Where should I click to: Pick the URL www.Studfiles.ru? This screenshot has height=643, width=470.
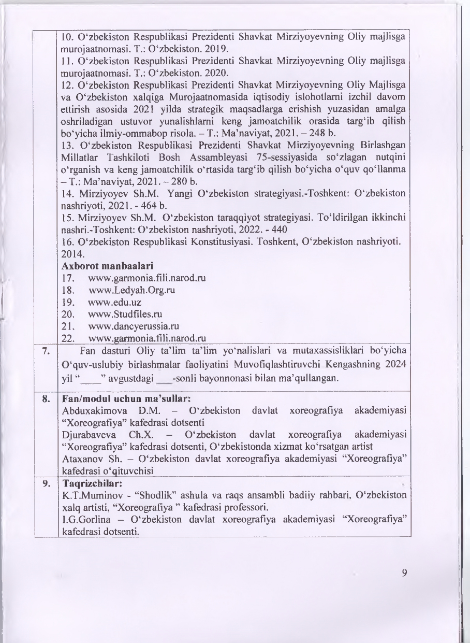(x=123, y=313)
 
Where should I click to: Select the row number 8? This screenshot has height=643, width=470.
(x=46, y=399)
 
